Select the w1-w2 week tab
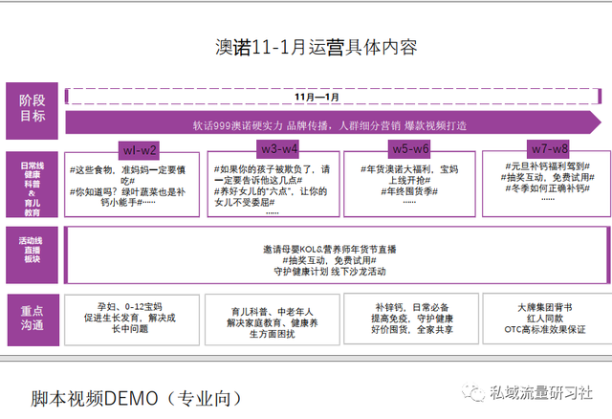point(139,148)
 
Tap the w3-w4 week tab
point(278,148)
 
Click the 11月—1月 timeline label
point(318,97)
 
